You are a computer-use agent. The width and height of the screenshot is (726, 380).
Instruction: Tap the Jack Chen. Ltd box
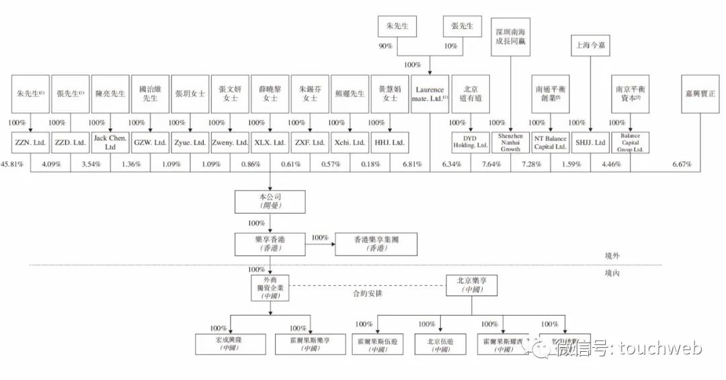tap(110, 142)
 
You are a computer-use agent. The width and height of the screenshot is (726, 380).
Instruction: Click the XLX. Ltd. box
tap(270, 142)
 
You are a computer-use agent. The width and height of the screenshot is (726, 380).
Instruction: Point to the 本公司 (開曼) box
tap(270, 202)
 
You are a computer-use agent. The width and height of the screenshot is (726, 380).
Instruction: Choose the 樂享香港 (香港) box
tap(270, 244)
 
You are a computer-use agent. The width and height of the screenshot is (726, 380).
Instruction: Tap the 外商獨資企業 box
tap(270, 287)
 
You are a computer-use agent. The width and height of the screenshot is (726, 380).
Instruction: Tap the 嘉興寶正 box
tap(700, 93)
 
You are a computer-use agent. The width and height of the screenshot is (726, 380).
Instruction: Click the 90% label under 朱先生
tap(385, 46)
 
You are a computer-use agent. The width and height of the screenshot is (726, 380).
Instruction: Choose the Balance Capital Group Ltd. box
tap(630, 142)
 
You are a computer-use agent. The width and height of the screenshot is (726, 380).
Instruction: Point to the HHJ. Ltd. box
tap(389, 142)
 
